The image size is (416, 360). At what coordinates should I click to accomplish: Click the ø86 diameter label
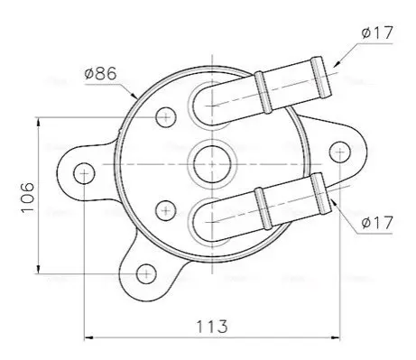[x=100, y=73]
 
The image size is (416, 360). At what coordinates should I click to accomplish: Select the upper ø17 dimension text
[x=377, y=32]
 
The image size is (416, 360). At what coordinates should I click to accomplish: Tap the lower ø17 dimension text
[x=377, y=223]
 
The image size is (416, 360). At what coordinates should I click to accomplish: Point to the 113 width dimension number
[x=212, y=327]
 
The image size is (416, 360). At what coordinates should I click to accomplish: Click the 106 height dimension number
[x=28, y=198]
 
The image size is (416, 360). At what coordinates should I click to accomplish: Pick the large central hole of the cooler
[x=212, y=164]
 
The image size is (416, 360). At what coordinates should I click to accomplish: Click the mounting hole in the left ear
[x=84, y=173]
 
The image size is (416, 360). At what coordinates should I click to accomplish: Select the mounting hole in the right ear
[x=340, y=152]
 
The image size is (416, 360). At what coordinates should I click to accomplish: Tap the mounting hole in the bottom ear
[x=146, y=274]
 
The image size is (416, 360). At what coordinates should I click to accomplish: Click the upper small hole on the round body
[x=166, y=117]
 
